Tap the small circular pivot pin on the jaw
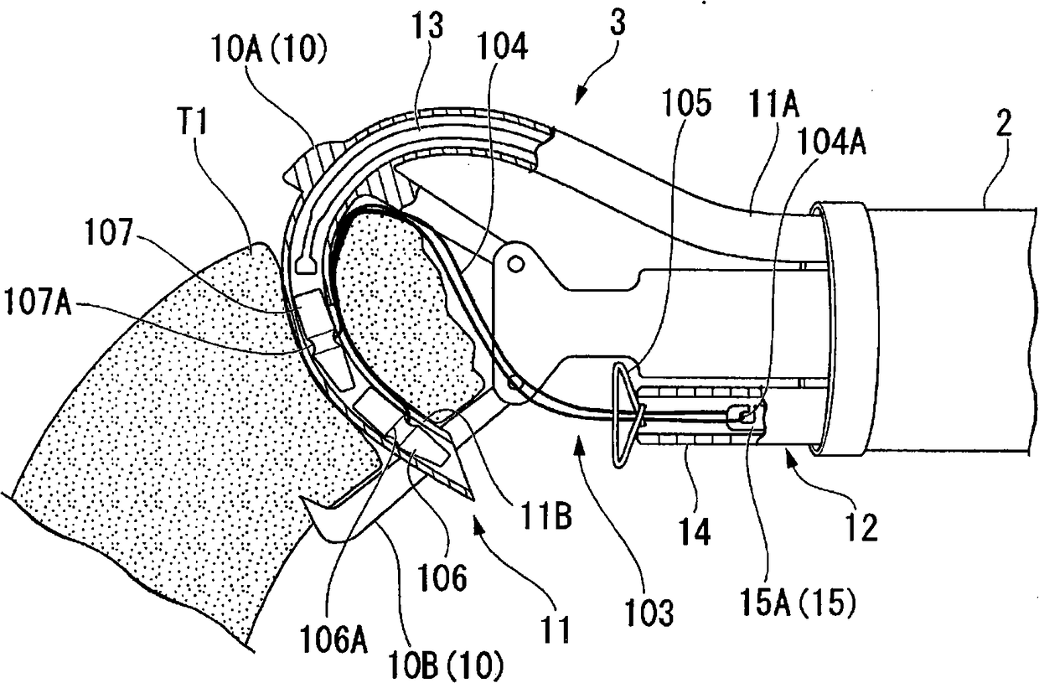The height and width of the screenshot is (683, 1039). (x=514, y=265)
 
